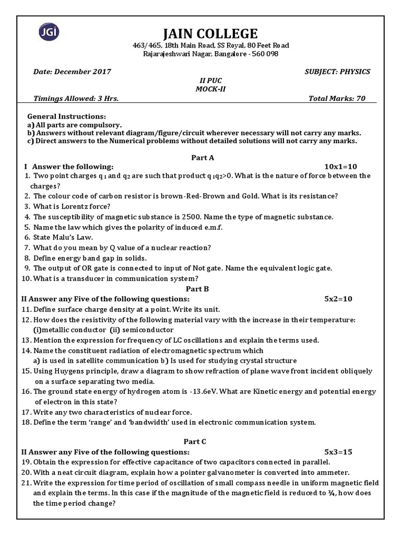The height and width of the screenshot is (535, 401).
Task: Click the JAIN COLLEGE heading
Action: coord(210,34)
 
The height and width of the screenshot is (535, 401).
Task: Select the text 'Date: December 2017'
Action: coord(72,72)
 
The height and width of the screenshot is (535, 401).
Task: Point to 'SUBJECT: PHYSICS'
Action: coord(337,72)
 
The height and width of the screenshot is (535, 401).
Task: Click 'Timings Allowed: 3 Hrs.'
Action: coord(76,98)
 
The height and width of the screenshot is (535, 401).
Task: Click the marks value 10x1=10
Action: coord(340,166)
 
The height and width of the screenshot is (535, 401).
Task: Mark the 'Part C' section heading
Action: coord(195,441)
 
